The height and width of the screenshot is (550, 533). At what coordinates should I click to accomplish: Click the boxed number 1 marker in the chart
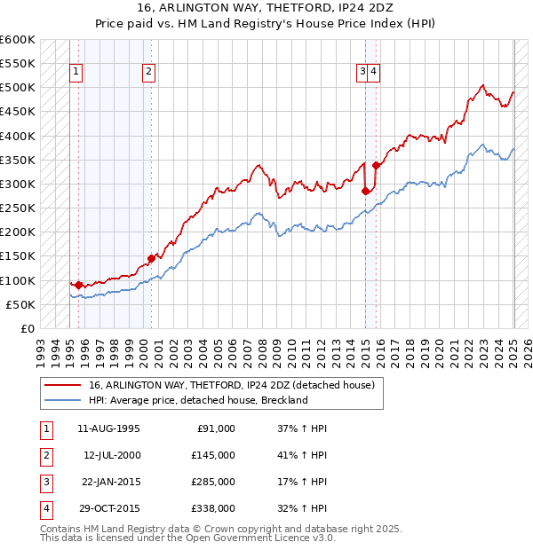tap(76, 73)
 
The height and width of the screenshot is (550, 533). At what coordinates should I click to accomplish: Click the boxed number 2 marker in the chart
tap(148, 73)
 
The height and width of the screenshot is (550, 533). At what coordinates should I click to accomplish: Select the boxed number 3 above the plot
tap(362, 73)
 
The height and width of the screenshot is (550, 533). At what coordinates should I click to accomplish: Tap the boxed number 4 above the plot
tap(374, 73)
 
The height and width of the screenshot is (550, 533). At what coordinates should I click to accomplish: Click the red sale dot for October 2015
tap(376, 165)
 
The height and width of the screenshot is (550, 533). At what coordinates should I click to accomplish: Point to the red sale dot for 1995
tap(79, 285)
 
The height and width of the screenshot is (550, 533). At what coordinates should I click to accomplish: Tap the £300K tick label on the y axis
tap(18, 184)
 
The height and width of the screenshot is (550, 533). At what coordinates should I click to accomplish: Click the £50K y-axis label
tap(20, 304)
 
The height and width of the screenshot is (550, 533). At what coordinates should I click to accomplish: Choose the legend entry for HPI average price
tap(197, 400)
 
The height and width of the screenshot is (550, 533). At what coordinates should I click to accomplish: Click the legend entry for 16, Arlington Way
tap(232, 385)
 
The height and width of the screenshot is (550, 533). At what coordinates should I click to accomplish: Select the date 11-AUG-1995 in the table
tap(109, 428)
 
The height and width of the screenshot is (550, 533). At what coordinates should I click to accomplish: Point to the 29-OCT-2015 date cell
tap(109, 508)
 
